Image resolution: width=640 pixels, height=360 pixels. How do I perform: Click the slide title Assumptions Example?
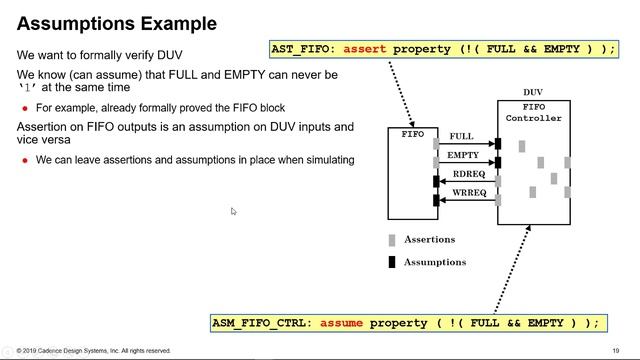pyautogui.click(x=117, y=23)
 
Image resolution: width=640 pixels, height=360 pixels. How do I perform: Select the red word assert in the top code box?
pyautogui.click(x=366, y=49)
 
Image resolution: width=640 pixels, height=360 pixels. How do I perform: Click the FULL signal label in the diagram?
pyautogui.click(x=461, y=136)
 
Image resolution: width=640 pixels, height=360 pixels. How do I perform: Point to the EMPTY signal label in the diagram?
pyautogui.click(x=463, y=155)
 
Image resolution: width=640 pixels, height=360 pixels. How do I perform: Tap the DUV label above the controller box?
pyautogui.click(x=533, y=92)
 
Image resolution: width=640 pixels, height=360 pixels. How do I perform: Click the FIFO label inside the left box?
pyautogui.click(x=412, y=134)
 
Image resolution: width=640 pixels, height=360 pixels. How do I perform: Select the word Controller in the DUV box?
pyautogui.click(x=533, y=118)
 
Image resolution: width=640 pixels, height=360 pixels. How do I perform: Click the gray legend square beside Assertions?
pyautogui.click(x=392, y=240)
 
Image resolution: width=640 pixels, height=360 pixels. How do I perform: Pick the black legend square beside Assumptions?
pyautogui.click(x=392, y=262)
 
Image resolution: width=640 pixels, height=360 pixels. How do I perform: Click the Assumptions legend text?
pyautogui.click(x=435, y=262)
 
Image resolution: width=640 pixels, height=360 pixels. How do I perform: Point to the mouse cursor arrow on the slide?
pyautogui.click(x=233, y=211)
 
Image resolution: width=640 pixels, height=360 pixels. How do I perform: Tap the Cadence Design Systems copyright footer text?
pyautogui.click(x=94, y=351)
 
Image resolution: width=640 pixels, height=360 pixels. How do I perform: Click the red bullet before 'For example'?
pyautogui.click(x=25, y=107)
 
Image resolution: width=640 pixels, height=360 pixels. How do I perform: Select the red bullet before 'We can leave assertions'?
pyautogui.click(x=25, y=160)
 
